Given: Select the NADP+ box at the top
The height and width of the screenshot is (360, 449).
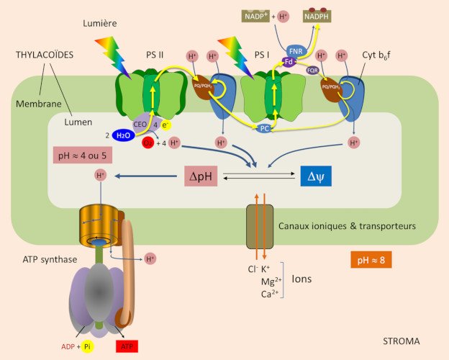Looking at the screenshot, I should [x=255, y=14].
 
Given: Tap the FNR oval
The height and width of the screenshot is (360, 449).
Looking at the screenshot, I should [x=295, y=50].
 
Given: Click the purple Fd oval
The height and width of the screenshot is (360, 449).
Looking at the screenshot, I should [x=289, y=63].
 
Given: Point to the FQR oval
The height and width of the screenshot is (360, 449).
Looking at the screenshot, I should [x=312, y=71].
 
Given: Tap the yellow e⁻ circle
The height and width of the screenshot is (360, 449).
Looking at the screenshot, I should [x=165, y=125].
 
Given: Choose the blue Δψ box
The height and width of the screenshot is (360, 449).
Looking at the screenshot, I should [x=316, y=174].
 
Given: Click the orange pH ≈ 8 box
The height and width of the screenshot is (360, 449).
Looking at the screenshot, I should [x=371, y=259].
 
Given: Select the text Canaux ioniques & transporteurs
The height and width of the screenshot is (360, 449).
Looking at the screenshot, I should [x=347, y=226].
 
